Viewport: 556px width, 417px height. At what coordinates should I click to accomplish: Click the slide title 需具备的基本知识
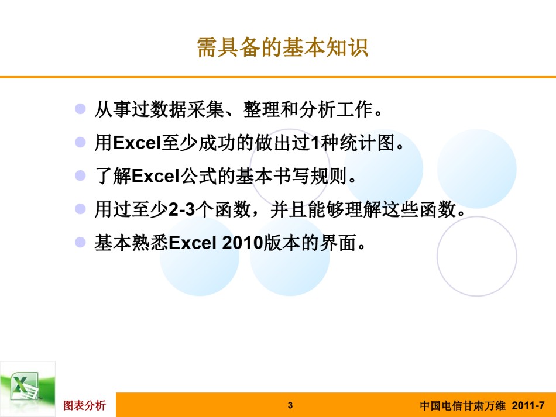pos(282,47)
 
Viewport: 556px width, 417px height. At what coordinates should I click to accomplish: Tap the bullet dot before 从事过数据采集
pos(81,108)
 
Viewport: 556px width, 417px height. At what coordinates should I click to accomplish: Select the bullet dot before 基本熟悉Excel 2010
pos(81,242)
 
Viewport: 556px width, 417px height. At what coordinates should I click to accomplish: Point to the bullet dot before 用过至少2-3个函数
pos(81,209)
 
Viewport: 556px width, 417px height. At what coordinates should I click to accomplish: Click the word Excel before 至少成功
pos(137,143)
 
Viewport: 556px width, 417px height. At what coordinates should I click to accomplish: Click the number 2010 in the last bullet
pos(243,243)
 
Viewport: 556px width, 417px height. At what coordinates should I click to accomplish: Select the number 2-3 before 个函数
pos(182,209)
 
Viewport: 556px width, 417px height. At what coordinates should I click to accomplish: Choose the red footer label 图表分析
pos(84,405)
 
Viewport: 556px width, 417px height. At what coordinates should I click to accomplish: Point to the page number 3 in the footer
pos(290,405)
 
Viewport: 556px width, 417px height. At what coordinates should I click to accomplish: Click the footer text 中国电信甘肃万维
pos(462,405)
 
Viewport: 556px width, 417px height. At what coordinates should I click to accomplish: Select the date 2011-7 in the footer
pos(528,405)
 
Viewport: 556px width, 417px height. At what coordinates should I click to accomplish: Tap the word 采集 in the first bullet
pos(205,109)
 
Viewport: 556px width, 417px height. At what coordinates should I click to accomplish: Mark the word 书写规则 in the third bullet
pos(310,175)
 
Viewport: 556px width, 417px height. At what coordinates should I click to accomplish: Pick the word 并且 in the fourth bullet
pos(289,209)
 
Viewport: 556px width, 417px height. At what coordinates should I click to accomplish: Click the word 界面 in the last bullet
pos(338,243)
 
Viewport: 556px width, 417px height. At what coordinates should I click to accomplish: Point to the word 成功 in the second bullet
pos(217,143)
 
